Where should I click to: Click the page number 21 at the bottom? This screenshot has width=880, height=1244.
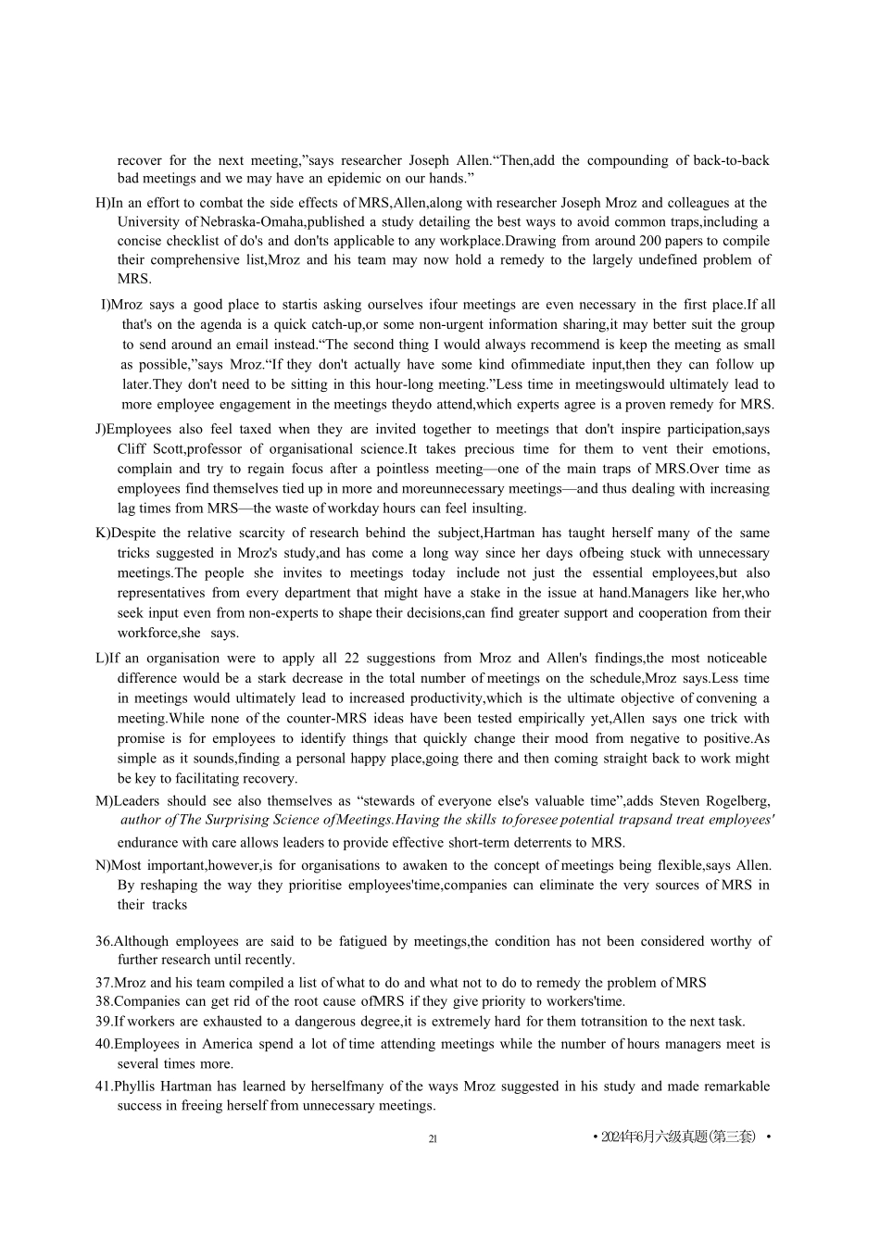(x=433, y=1138)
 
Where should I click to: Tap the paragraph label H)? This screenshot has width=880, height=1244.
(x=103, y=203)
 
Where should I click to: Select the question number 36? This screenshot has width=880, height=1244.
(x=104, y=941)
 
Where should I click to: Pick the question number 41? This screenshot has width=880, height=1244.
(x=104, y=1087)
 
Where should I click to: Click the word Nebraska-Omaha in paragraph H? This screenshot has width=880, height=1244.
(x=251, y=222)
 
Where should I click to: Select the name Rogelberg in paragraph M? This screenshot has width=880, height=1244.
(x=738, y=801)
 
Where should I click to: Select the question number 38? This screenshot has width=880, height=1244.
(x=104, y=1001)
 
